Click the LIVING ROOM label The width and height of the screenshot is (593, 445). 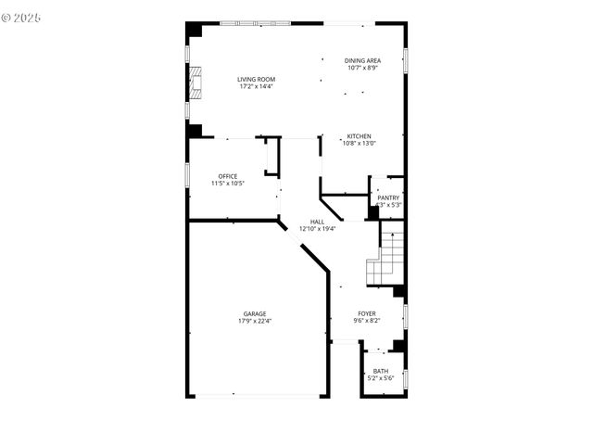[257, 80]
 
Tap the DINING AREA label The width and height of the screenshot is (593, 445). [362, 60]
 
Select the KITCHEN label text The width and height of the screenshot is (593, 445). [359, 136]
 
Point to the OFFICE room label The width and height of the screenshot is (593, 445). [228, 176]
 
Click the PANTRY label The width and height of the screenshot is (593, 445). [388, 197]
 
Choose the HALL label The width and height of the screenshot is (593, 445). [317, 222]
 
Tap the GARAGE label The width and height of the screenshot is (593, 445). [255, 313]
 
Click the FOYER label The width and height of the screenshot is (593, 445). [367, 313]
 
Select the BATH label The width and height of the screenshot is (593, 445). [381, 371]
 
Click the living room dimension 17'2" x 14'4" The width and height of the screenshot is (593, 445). [257, 87]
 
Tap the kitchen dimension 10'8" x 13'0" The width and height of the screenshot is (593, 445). [359, 144]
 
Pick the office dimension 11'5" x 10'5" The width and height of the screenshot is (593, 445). [228, 184]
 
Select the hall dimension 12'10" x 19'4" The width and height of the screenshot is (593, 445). [317, 229]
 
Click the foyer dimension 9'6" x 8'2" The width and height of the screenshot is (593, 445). [367, 321]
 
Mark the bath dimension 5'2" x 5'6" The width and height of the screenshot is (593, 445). [381, 378]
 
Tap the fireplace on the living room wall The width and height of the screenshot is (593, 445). [195, 82]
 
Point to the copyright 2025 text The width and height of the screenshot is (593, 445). [22, 18]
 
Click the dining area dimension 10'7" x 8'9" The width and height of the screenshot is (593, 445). [362, 68]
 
